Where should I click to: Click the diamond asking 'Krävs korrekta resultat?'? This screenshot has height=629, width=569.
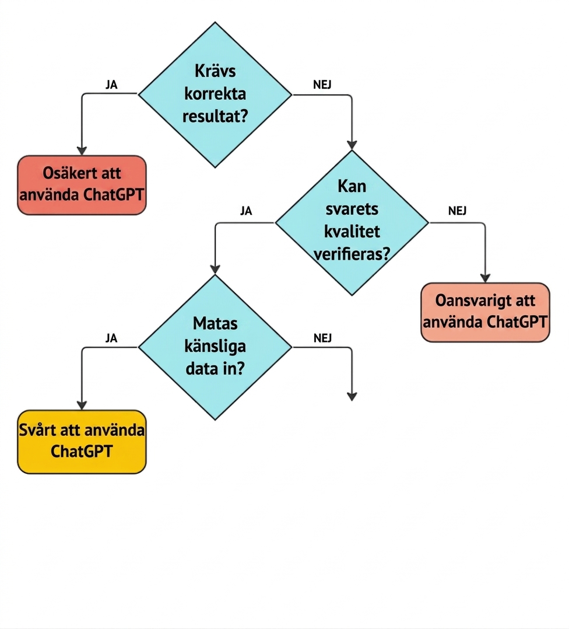[215, 95]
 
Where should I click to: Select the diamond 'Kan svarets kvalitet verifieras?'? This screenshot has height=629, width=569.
[352, 223]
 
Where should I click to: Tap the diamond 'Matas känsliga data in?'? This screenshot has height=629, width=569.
[215, 347]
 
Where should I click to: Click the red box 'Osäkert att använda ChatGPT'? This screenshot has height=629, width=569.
[82, 185]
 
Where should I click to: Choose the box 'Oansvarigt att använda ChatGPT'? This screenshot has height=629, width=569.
[485, 312]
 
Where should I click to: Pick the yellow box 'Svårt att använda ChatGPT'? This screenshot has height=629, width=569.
[82, 442]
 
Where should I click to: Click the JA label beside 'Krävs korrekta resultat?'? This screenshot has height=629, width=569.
[111, 85]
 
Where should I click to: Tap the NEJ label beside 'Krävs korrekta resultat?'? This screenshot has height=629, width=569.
[322, 85]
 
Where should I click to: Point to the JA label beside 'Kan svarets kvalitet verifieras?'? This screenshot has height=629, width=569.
[246, 211]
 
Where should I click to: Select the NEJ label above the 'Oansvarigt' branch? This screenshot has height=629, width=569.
[457, 211]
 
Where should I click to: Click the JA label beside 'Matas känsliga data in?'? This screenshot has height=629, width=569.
[111, 338]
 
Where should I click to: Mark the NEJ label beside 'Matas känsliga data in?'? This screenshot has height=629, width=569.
[322, 338]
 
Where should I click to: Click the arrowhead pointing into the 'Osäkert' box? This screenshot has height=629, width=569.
[82, 151]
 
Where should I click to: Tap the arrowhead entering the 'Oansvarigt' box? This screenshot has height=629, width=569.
[485, 278]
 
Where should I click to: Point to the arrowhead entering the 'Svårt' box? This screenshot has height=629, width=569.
[82, 405]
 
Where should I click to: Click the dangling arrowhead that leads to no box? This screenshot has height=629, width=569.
[352, 396]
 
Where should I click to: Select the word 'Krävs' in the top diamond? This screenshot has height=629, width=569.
[215, 71]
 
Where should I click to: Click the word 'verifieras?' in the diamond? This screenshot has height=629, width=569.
[352, 254]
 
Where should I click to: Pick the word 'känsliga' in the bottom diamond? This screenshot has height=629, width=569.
[215, 346]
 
